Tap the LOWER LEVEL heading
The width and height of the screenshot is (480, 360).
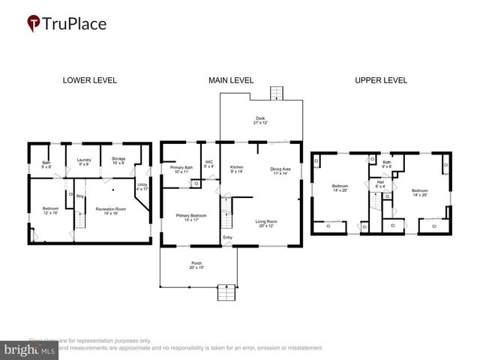pos(89,80)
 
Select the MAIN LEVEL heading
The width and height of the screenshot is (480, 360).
pos(231,80)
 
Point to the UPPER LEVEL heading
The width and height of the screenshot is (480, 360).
pos(380,80)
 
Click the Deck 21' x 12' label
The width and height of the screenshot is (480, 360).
pos(260,120)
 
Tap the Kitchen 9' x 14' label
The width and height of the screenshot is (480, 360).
pos(237,169)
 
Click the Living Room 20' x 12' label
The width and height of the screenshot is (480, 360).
pos(266,223)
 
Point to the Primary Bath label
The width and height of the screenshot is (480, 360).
pos(181,169)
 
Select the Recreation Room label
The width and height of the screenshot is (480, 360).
pos(110,211)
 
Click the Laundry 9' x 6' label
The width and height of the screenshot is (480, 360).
pos(84,161)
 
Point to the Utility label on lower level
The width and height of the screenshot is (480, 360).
pos(143,187)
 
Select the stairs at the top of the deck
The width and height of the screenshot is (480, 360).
pos(277,94)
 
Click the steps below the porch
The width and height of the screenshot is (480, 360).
pos(226,292)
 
